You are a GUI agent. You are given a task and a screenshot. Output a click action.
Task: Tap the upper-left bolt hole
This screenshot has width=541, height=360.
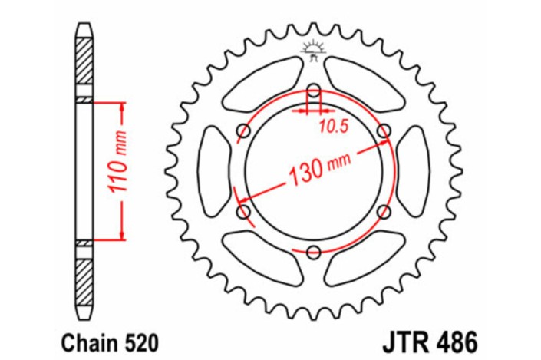[244, 130]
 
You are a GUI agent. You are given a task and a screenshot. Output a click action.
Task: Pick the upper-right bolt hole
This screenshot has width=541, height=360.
[384, 130]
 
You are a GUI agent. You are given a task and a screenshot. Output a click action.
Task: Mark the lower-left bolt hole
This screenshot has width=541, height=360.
[244, 210]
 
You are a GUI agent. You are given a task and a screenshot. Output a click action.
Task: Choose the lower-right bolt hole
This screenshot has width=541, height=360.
[384, 210]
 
